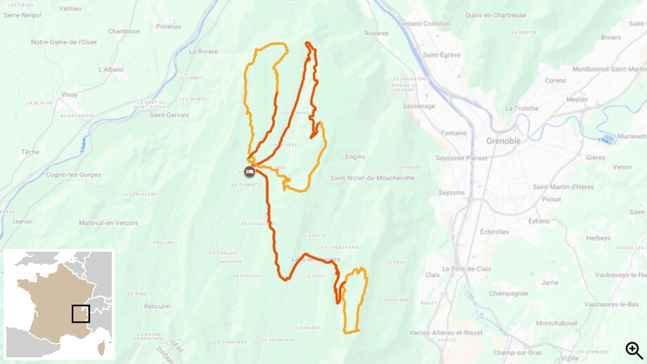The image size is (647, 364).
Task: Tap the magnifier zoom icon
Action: coord(634,350)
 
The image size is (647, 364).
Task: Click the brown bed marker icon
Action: coord(249,172)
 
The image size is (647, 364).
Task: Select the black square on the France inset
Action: coord(81,313)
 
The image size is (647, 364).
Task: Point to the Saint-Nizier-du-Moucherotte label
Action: coord(372,178)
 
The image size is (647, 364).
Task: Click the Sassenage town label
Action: coord(418,106)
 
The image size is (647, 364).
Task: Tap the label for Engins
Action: coord(355,157)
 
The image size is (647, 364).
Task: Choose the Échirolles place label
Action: coord(494,231)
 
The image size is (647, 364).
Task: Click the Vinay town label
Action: coord(70,94)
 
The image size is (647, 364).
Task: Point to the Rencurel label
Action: coord(157,306)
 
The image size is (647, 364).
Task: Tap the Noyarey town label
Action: coord(376,33)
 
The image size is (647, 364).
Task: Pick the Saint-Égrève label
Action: coord(442,55)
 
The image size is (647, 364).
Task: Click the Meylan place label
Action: coord(577,99)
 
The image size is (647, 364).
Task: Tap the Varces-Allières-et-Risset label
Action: coord(446,332)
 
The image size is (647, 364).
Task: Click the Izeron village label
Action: coord(22,221)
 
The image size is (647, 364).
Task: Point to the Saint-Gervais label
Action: coord(169,115)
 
